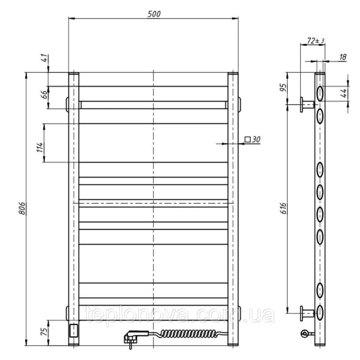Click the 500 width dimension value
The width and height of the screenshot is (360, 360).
(154, 14)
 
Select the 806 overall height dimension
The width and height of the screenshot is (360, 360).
(22, 208)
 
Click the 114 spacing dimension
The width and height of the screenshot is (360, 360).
(40, 147)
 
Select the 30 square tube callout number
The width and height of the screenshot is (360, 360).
(256, 139)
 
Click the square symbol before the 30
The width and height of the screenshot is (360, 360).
(248, 139)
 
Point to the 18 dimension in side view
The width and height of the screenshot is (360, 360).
(343, 57)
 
